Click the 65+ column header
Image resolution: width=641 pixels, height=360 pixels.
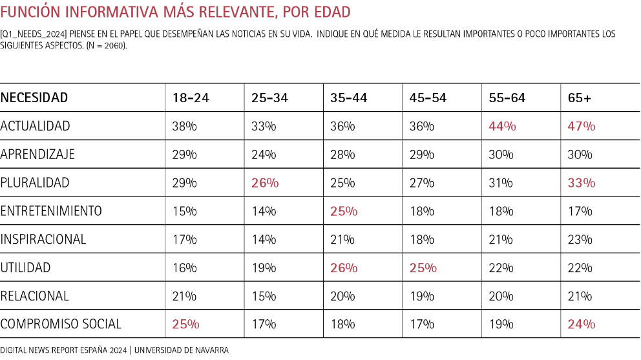(579, 98)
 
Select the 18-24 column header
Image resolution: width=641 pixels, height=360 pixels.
(191, 98)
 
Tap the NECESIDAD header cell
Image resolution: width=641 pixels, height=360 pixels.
(34, 98)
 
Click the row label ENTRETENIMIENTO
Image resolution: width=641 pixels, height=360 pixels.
(51, 211)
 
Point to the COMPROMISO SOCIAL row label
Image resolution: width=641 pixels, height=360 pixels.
(61, 324)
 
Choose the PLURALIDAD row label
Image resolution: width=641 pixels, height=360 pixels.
(35, 183)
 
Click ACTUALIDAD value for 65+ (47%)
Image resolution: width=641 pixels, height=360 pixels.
(581, 127)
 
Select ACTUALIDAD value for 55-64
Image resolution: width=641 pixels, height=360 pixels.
(502, 127)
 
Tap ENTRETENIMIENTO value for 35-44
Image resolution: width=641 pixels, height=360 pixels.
(344, 211)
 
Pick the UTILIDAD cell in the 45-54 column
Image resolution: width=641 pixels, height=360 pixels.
(423, 268)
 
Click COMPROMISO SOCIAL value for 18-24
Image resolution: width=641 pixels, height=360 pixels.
(185, 324)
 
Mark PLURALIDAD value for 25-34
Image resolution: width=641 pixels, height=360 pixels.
(265, 183)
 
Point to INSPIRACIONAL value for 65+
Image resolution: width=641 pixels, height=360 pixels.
(580, 240)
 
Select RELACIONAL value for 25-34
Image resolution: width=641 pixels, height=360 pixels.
(264, 296)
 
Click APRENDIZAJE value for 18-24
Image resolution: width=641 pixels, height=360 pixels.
(184, 154)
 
